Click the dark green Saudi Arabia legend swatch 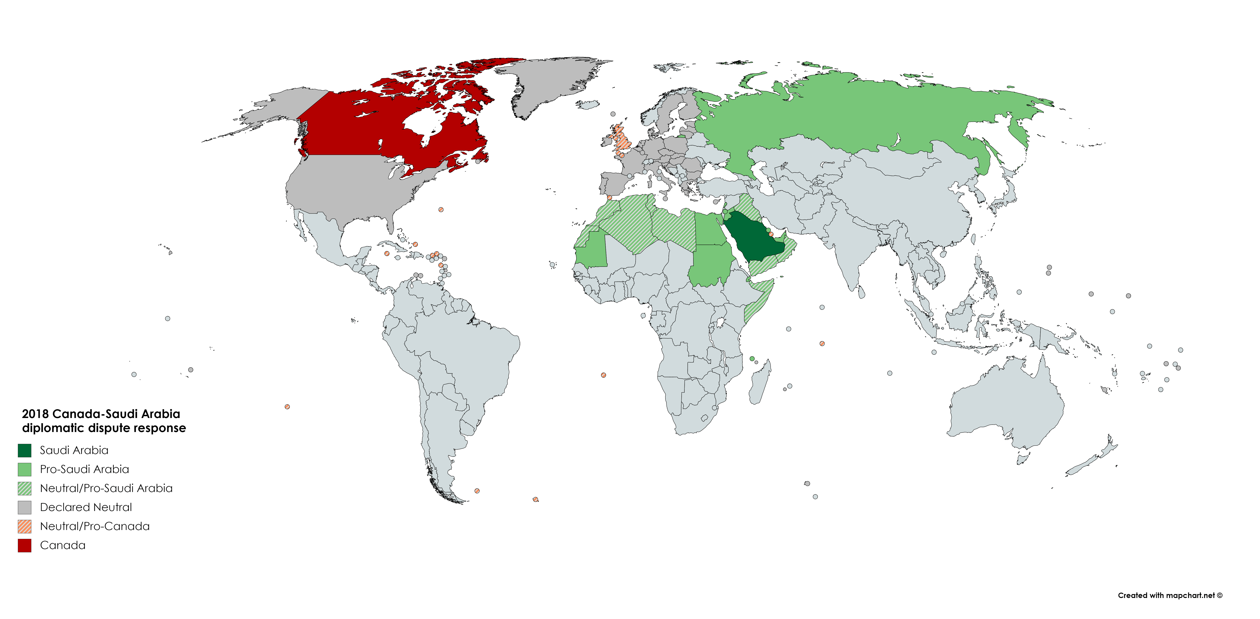[24, 450]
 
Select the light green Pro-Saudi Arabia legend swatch [24, 469]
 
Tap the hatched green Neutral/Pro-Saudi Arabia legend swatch [24, 488]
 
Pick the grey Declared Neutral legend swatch [24, 508]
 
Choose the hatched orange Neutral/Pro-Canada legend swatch [24, 527]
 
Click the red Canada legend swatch [24, 546]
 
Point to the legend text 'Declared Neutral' [86, 508]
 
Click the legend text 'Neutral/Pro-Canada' [94, 527]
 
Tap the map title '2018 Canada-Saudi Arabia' [101, 414]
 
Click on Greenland [548, 83]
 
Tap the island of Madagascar [760, 384]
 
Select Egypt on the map [709, 230]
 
